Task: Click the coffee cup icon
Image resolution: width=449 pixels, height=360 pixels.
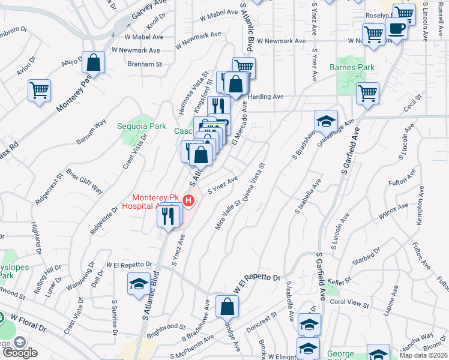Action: (x=396, y=28)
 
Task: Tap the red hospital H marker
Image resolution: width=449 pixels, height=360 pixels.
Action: (x=188, y=200)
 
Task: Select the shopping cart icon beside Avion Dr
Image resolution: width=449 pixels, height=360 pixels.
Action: (x=40, y=91)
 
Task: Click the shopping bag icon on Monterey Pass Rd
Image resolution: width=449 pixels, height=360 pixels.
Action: (x=94, y=62)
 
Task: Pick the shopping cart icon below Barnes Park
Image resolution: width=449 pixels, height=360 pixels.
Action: (x=367, y=93)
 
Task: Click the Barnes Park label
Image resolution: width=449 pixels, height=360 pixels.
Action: (x=352, y=67)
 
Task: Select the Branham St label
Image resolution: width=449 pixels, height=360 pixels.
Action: (x=145, y=64)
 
